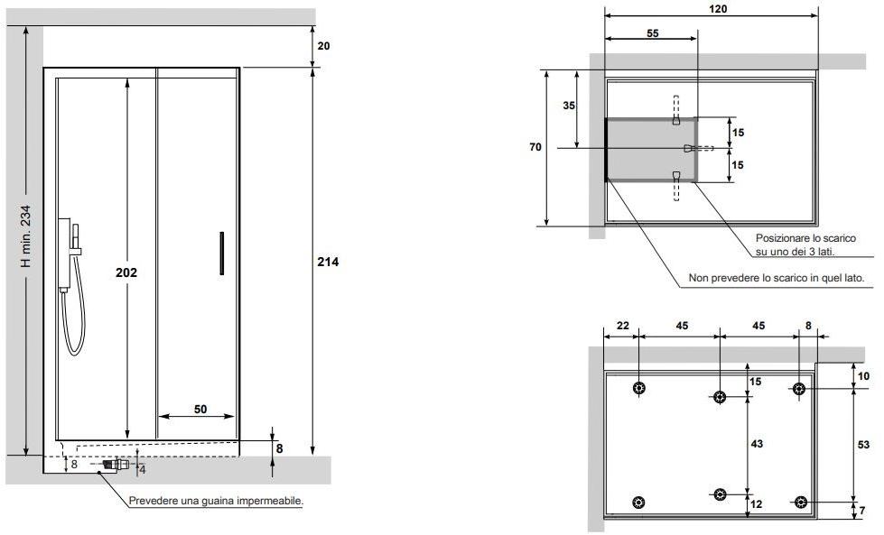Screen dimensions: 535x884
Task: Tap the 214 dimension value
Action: tap(328, 262)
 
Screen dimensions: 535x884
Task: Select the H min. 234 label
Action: tap(26, 235)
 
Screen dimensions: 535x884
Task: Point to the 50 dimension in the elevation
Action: tap(200, 409)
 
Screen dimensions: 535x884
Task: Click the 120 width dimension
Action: tap(718, 8)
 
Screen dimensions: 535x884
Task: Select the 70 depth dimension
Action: tap(535, 146)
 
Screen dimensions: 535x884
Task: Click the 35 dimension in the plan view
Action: tap(569, 106)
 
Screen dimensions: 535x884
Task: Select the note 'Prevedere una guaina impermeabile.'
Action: tap(216, 501)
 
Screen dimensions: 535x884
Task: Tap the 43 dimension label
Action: tap(757, 443)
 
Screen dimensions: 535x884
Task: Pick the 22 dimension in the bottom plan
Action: tap(622, 325)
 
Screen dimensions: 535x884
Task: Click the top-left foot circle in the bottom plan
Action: tap(639, 389)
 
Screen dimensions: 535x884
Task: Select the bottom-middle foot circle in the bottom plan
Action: tap(720, 493)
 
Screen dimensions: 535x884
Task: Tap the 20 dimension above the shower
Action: tap(324, 46)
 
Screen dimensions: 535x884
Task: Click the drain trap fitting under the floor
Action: tap(114, 466)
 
